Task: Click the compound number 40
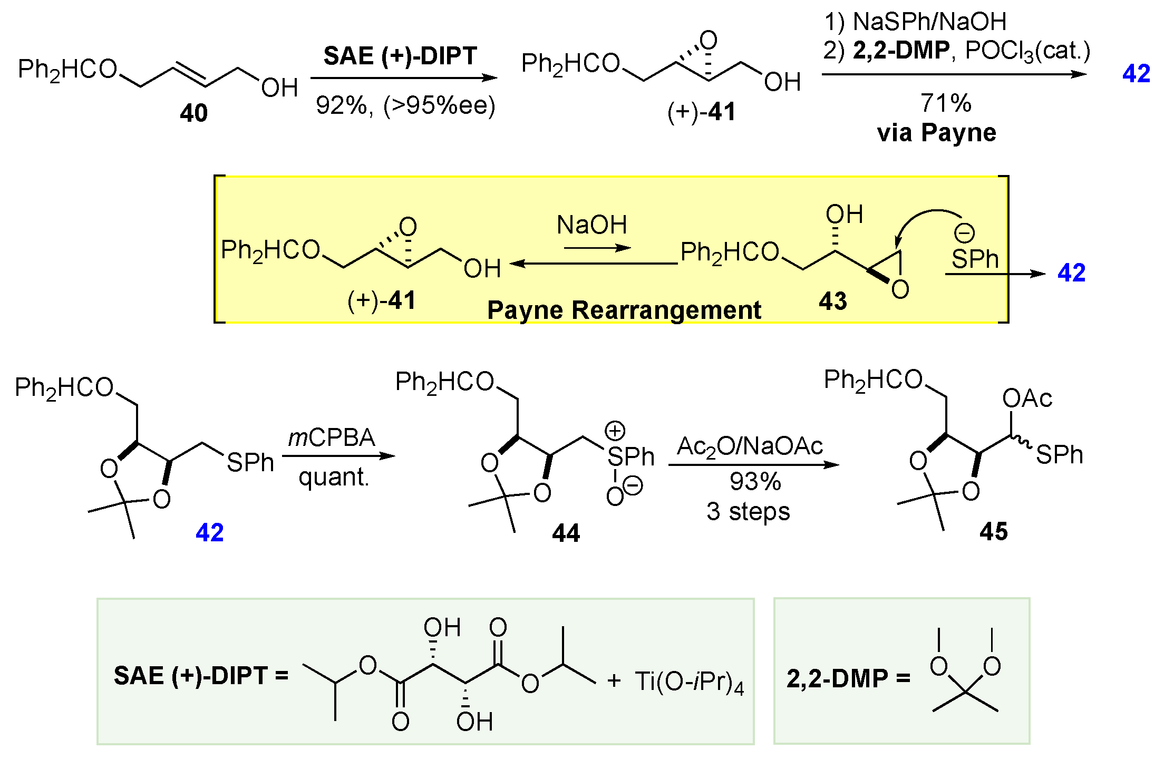tap(193, 113)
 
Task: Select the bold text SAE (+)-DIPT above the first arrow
tap(400, 56)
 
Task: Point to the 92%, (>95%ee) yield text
tap(405, 105)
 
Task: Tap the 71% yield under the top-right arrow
tap(946, 103)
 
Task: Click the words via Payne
tap(937, 133)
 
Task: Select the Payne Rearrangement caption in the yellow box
tap(624, 310)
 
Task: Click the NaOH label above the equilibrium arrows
tap(592, 225)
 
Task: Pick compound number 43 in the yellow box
tap(832, 301)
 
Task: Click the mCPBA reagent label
tap(332, 438)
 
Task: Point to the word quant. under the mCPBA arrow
tap(334, 478)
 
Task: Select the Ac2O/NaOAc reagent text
tap(750, 446)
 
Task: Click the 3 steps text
tap(748, 512)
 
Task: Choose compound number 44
tap(566, 533)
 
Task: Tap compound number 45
tap(994, 531)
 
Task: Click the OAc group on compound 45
tap(1027, 398)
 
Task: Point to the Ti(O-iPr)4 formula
tap(689, 682)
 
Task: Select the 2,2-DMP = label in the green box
tap(848, 679)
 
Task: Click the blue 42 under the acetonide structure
tap(209, 532)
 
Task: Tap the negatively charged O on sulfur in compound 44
tap(615, 497)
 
